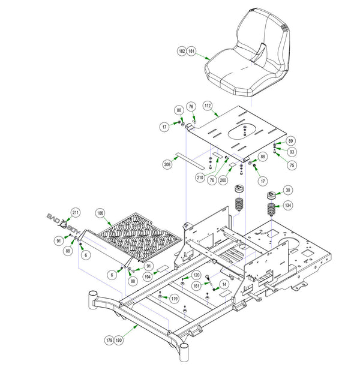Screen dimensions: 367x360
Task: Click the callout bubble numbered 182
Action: [182, 52]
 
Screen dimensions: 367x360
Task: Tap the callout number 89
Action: [291, 141]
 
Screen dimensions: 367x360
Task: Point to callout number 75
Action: [292, 166]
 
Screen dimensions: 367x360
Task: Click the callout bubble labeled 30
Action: [288, 190]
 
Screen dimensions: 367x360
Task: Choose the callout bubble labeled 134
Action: [288, 206]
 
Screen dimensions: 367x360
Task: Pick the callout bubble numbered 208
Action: [167, 164]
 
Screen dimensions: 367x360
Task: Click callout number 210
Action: [200, 178]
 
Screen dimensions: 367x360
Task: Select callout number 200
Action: [223, 179]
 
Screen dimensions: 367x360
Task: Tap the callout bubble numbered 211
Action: [75, 213]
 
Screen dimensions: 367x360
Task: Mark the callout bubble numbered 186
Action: [100, 213]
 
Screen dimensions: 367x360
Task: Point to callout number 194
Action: [147, 276]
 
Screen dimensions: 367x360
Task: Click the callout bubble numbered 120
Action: [196, 275]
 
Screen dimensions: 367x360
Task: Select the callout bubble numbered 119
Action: [175, 298]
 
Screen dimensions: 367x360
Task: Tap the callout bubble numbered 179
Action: [109, 340]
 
